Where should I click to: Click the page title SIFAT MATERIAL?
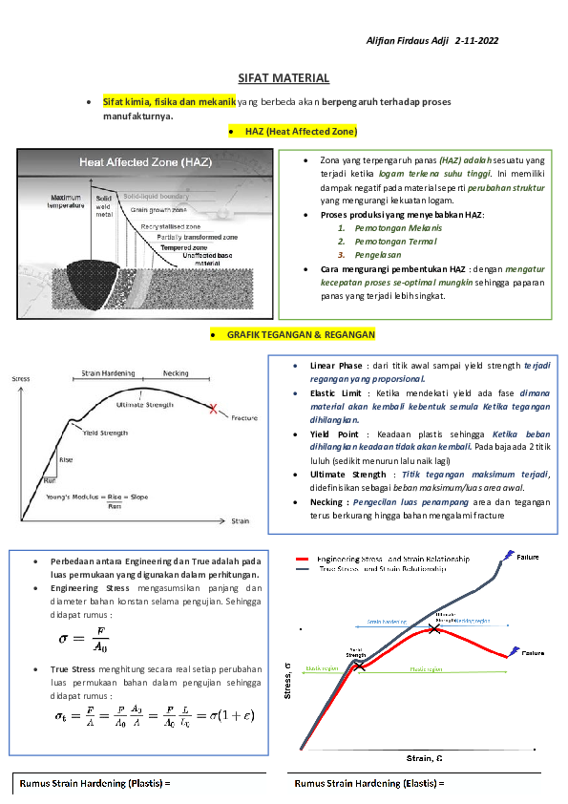click(284, 78)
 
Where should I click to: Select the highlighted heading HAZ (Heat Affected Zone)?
click(301, 130)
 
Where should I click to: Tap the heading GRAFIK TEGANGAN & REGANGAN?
click(301, 335)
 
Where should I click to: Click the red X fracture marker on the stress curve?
click(213, 409)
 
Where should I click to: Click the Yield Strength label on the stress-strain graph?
click(105, 433)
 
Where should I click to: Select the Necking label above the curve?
click(176, 373)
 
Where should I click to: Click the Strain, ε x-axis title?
click(425, 758)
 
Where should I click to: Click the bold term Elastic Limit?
click(335, 392)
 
